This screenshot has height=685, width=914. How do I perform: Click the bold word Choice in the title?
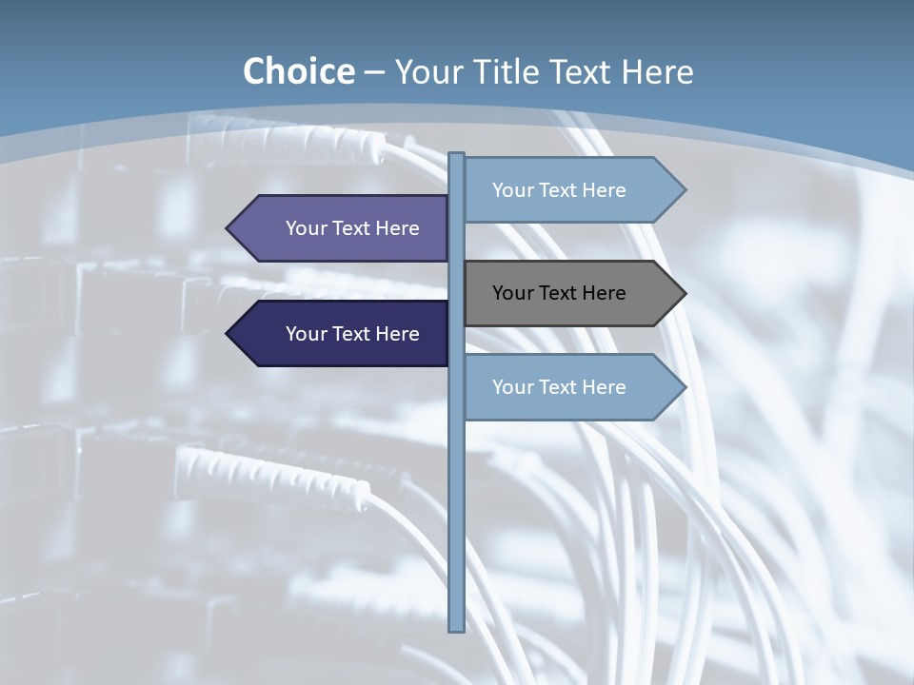[299, 72]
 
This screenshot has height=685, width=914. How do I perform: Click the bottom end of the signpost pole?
[456, 627]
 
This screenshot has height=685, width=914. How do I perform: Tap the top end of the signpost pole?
[456, 156]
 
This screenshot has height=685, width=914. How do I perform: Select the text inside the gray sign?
[559, 293]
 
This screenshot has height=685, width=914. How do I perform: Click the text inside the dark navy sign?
[352, 334]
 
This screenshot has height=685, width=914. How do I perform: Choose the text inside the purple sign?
[352, 228]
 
